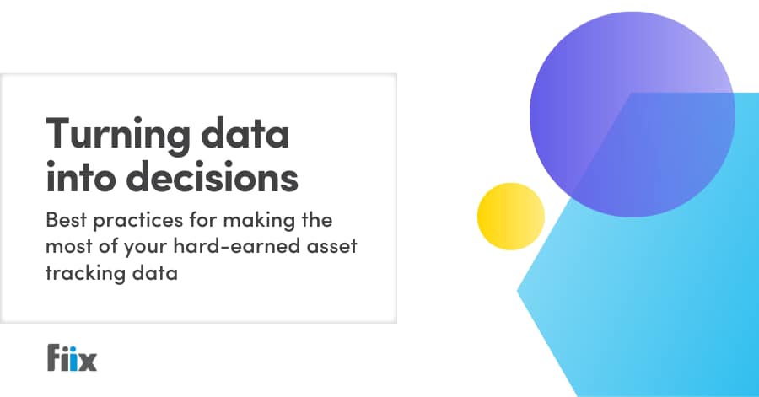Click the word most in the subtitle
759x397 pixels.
click(x=67, y=248)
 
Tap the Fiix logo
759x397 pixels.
click(x=73, y=357)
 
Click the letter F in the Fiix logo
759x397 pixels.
click(x=55, y=357)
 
